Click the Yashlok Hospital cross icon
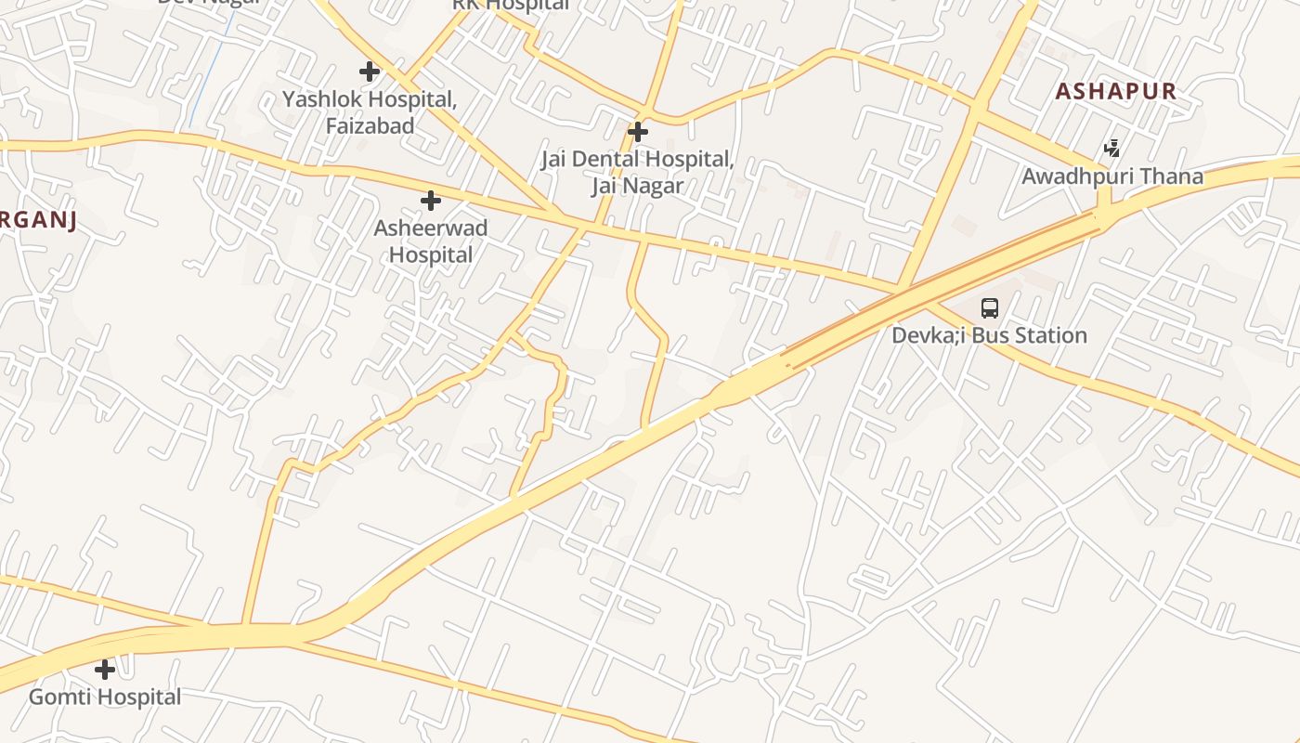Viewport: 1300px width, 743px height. pyautogui.click(x=370, y=71)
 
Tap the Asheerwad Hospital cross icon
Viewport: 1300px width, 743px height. pyautogui.click(x=431, y=200)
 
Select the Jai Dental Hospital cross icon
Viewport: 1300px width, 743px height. pyautogui.click(x=637, y=132)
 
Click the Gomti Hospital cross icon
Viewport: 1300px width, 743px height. pyautogui.click(x=105, y=669)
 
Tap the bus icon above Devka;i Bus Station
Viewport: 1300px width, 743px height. pyautogui.click(x=990, y=308)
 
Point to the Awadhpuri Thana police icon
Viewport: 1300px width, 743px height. pyautogui.click(x=1111, y=148)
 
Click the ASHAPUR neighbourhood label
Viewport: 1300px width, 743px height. pyautogui.click(x=1116, y=91)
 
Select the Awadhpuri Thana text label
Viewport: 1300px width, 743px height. pyautogui.click(x=1112, y=176)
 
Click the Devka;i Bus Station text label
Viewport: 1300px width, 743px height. pyautogui.click(x=989, y=335)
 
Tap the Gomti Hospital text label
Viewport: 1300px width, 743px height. pyautogui.click(x=105, y=697)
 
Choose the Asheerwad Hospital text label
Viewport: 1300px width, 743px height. pyautogui.click(x=431, y=241)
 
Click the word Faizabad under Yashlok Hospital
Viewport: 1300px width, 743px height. pyautogui.click(x=370, y=125)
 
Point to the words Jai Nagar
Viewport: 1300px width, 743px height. pyautogui.click(x=637, y=186)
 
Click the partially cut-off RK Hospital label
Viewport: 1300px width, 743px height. pyautogui.click(x=511, y=5)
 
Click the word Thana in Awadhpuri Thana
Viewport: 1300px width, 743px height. pyautogui.click(x=1172, y=176)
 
